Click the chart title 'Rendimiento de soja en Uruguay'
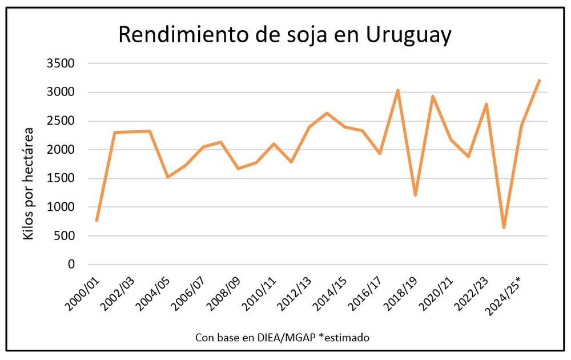[x=284, y=35]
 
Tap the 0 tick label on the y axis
[x=71, y=265]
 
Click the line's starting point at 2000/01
[x=97, y=220]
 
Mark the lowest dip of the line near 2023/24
[x=504, y=227]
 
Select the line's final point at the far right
[x=539, y=81]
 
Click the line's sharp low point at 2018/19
[x=416, y=195]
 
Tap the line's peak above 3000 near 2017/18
[x=398, y=90]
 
